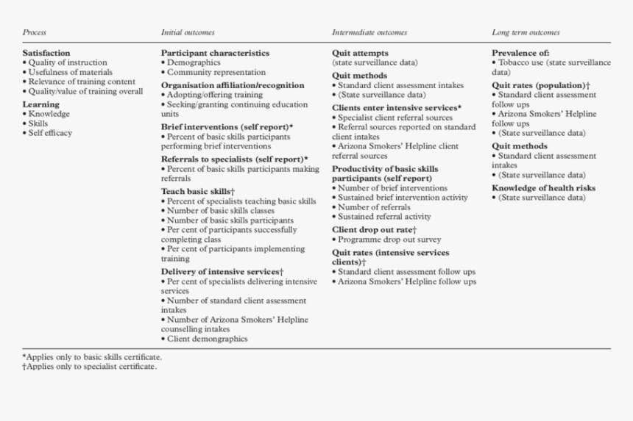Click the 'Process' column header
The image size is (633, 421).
click(x=35, y=32)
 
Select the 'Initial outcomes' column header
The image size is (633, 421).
click(x=188, y=32)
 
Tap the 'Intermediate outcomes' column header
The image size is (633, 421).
click(x=369, y=32)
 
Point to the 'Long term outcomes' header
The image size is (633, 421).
click(x=526, y=32)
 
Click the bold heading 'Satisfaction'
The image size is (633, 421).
click(x=46, y=53)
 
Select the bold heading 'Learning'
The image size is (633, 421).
click(x=40, y=104)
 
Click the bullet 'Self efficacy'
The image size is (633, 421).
click(x=50, y=133)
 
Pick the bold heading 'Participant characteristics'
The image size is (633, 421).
click(x=215, y=53)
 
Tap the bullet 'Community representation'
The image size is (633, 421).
click(x=216, y=72)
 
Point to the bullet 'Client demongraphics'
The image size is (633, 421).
click(x=207, y=339)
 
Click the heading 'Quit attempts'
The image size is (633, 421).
click(x=360, y=53)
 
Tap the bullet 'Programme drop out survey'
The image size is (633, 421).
click(x=389, y=239)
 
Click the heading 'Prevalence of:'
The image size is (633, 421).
click(x=520, y=53)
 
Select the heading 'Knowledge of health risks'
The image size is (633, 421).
click(x=543, y=187)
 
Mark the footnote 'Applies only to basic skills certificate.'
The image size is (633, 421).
click(x=93, y=357)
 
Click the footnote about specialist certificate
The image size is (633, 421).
click(x=91, y=367)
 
